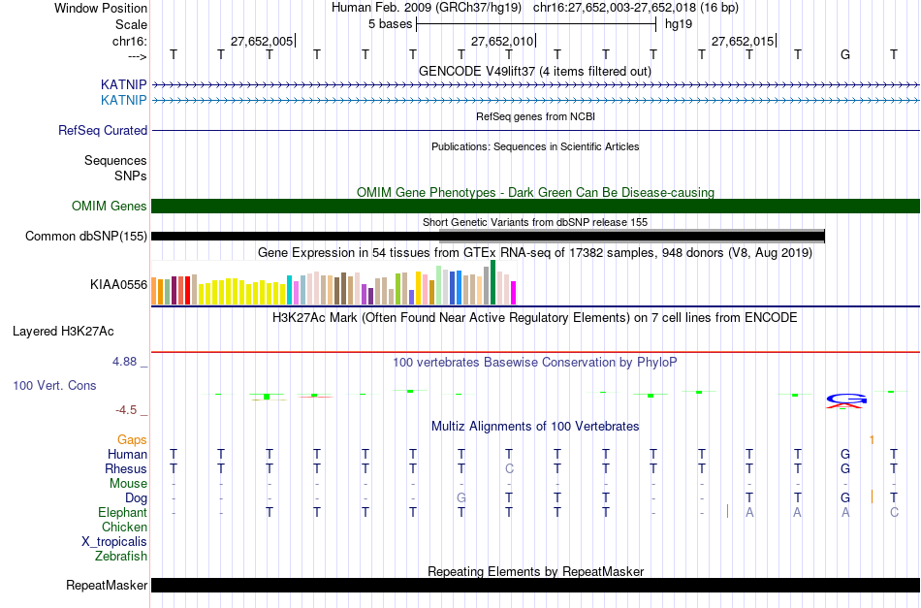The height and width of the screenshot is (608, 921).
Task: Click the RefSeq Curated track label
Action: point(103,130)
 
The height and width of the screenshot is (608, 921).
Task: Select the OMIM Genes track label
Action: point(110,206)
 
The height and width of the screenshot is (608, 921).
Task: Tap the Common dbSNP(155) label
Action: point(86,236)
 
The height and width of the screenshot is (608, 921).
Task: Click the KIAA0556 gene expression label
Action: point(118,285)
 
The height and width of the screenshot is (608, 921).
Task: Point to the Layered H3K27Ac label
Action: point(63,331)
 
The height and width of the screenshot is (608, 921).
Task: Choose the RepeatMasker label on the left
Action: point(107,585)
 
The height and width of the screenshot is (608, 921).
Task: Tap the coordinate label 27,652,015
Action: point(743,41)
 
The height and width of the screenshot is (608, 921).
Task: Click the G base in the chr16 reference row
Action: point(845,54)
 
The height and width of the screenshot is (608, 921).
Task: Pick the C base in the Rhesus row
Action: point(509,468)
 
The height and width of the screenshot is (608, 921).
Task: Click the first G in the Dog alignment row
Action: point(461,497)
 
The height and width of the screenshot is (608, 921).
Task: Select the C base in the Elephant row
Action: point(894,512)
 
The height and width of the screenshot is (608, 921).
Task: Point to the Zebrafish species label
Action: point(121,557)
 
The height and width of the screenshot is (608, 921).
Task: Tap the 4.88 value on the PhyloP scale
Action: point(129,362)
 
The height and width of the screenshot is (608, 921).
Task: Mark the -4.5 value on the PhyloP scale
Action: point(131,410)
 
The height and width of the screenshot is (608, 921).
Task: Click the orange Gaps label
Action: point(132,439)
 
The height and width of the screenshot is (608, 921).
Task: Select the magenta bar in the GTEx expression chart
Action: point(513,292)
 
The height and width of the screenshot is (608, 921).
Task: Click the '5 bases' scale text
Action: point(390,23)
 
